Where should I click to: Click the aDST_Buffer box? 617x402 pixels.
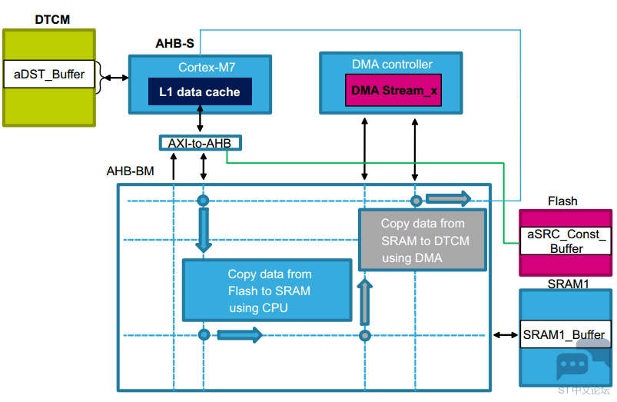(49, 74)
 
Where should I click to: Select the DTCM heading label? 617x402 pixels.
(52, 19)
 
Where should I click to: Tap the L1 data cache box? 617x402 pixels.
(200, 91)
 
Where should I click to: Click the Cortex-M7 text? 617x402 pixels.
(207, 68)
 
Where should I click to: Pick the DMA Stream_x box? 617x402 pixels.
(393, 90)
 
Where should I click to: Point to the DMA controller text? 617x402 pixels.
(392, 64)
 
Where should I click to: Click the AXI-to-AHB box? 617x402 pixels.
(201, 143)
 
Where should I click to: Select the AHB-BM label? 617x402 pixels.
(131, 171)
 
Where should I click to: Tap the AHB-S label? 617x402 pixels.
(174, 43)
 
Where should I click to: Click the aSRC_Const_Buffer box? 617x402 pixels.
(566, 241)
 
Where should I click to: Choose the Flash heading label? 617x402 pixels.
(562, 201)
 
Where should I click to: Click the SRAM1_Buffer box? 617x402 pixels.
(566, 334)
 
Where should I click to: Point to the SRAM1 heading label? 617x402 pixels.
(568, 284)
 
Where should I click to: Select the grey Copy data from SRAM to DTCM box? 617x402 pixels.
(423, 240)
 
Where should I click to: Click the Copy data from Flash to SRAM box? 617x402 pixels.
(267, 291)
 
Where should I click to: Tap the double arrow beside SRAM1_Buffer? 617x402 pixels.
(506, 335)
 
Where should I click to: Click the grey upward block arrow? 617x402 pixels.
(365, 302)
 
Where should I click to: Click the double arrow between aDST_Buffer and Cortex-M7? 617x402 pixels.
(116, 78)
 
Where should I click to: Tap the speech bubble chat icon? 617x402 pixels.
(572, 364)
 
